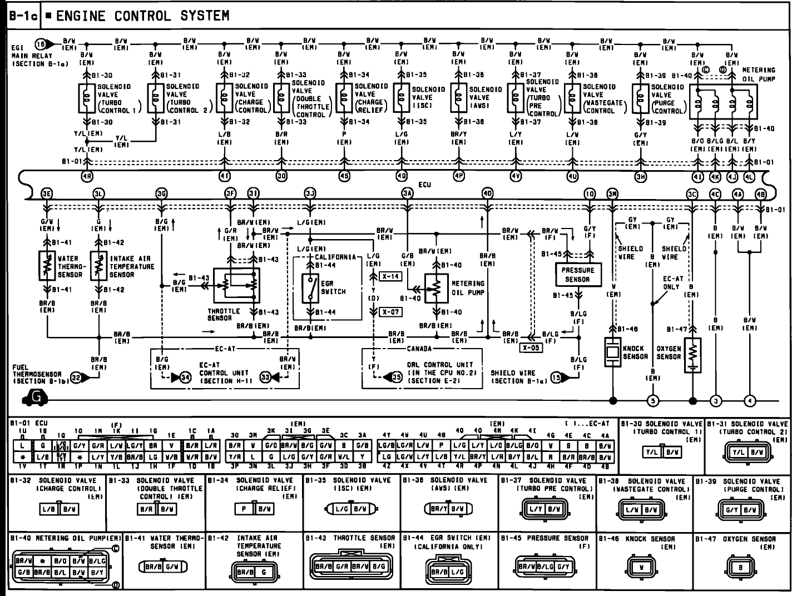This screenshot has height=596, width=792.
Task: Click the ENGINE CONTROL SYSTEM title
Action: (142, 16)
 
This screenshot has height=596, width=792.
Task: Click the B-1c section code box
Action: (23, 17)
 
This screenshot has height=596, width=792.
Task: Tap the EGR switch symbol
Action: (310, 287)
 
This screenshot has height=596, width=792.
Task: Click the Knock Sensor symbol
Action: (613, 352)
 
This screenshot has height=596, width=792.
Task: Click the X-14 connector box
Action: (391, 276)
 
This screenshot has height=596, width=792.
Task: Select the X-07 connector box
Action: (391, 312)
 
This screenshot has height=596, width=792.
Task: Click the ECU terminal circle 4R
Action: (88, 177)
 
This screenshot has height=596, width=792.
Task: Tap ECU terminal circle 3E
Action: (47, 193)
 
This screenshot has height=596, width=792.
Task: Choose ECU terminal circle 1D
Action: (590, 193)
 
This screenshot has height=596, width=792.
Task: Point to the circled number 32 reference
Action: (76, 378)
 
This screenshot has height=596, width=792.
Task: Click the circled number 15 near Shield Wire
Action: (556, 378)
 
